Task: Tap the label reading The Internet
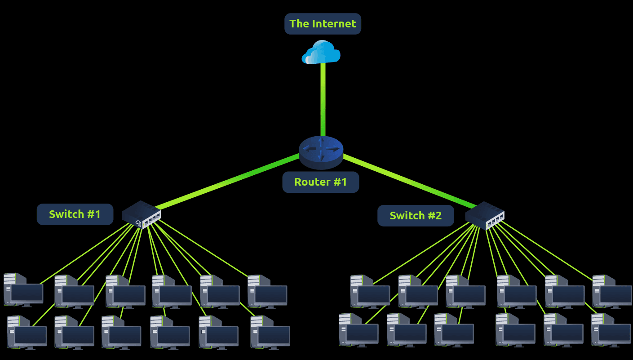(x=323, y=24)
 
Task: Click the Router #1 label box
(x=320, y=182)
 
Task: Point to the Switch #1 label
(x=75, y=214)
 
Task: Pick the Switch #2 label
(x=416, y=216)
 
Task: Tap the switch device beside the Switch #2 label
(x=484, y=215)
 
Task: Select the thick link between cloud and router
(x=323, y=99)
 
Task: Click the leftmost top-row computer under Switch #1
(x=23, y=290)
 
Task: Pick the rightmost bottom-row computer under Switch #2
(x=611, y=330)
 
